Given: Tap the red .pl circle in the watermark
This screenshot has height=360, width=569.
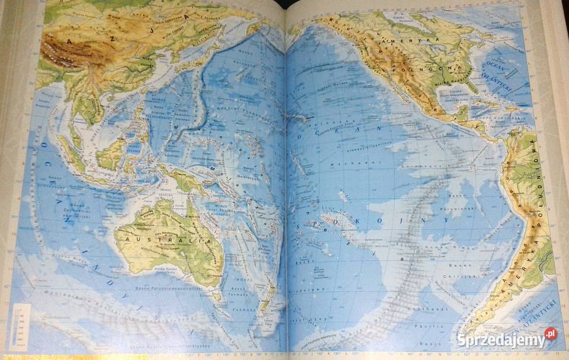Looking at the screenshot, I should coord(551,333).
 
